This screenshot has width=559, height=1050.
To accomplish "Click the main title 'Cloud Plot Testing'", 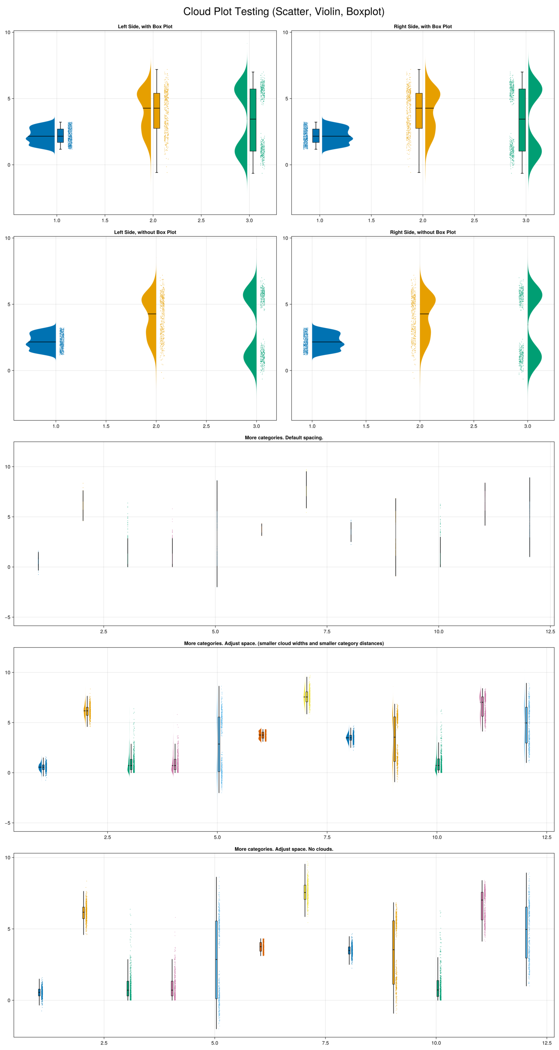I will coord(284,12).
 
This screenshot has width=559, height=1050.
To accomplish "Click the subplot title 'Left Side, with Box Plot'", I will coord(145,27).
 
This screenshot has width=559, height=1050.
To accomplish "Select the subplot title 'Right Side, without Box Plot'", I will coord(422,232).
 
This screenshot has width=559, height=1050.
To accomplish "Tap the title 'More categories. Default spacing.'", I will coord(284,438).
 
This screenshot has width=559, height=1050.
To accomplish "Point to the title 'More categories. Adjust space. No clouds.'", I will coord(284,849).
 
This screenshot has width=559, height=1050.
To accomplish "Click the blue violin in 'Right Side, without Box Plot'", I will coord(326,342).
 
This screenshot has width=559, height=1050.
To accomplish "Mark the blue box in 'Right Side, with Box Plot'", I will coord(316,136).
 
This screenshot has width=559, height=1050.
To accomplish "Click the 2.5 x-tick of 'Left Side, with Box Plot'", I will coord(201,220).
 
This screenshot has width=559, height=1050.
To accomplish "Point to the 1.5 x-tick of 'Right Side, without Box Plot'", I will coord(366,427).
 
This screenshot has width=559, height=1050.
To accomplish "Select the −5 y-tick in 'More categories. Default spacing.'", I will coord(8,617).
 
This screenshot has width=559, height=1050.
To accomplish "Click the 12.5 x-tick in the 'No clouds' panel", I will coord(547,1043).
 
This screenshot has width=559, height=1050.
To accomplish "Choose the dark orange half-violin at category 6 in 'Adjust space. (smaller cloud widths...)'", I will coord(260,735).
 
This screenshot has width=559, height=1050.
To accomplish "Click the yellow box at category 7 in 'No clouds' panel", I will coord(305,892).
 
